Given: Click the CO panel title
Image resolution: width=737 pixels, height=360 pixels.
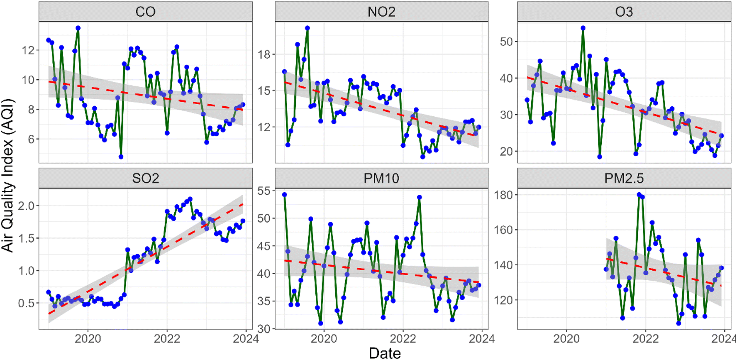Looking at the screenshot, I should pos(145,12).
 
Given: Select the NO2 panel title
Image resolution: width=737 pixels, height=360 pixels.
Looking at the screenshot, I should pos(381,12).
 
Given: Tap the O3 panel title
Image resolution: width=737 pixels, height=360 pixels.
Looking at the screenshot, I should pos(624,12).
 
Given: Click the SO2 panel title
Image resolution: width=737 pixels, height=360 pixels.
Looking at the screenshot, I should pos(145,178).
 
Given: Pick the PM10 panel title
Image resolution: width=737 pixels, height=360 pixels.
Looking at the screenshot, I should pos(381,178).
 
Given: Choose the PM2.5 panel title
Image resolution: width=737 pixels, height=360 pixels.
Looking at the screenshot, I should pos(624,178).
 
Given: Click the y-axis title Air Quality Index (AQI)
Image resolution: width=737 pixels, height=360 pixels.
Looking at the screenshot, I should pos(8,175).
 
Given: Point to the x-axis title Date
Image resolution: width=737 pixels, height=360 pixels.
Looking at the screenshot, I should pos(385,353).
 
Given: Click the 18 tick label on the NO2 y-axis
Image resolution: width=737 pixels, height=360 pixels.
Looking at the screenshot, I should pos(264,54).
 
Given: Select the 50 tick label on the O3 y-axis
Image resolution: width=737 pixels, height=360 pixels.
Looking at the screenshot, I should pos(506,42).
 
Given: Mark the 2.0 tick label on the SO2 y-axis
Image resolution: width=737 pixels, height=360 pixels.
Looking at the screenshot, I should pos(27,206).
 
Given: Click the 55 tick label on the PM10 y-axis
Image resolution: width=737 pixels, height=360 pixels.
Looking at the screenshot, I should pos(264,191).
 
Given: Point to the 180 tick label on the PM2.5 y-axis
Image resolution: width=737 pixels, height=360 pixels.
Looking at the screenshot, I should pos(503,195).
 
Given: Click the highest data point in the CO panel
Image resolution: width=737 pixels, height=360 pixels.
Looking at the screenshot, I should pos(78,28).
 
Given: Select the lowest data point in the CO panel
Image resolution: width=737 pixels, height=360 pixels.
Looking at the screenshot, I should pos(121,157).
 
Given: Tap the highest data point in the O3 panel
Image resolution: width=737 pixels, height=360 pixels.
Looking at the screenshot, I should pos(583,28).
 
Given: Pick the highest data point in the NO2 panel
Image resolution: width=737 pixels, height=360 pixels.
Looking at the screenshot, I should pos(307,28).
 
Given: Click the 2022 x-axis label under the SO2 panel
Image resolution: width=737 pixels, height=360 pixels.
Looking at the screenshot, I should pos(167,339).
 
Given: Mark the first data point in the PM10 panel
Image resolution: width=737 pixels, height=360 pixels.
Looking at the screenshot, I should pos(285,195).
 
